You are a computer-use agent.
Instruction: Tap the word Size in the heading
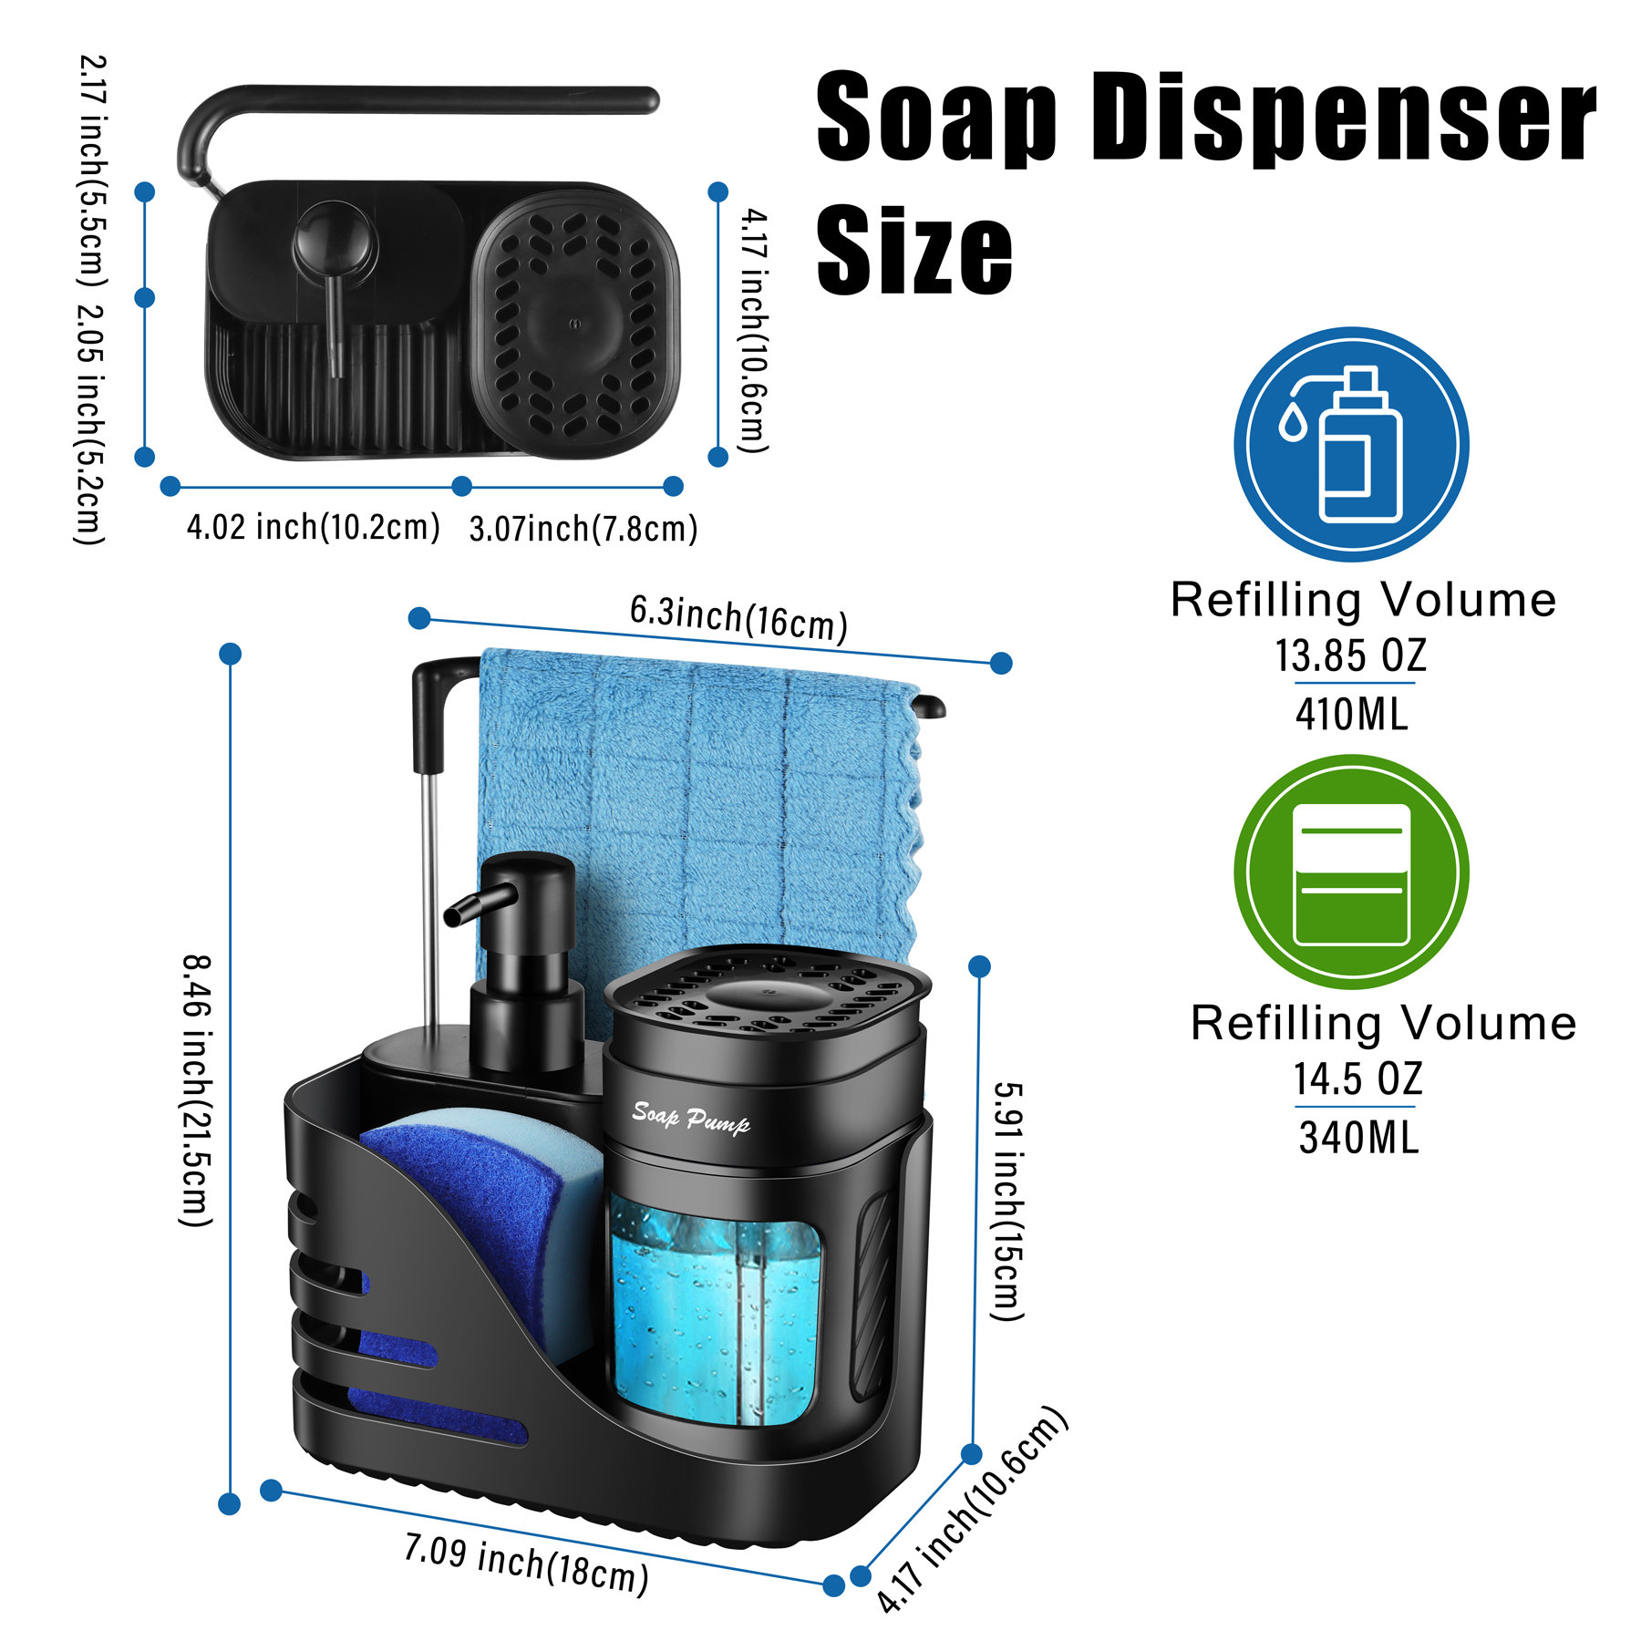point(914,250)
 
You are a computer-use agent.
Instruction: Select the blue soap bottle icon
point(1351,444)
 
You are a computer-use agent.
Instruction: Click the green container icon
point(1351,872)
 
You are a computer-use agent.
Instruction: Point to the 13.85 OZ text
point(1350,655)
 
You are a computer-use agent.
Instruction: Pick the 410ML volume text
point(1352,714)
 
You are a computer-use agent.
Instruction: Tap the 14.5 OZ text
point(1357,1079)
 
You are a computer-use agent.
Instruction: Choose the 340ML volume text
point(1358,1138)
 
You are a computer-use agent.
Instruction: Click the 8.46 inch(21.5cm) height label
point(196,1090)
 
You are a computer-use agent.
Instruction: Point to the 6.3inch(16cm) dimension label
point(738,618)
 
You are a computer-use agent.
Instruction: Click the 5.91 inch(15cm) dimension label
point(1008,1201)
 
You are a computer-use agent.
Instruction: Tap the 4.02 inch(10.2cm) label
point(314,526)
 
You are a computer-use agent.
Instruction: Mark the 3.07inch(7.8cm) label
point(583,528)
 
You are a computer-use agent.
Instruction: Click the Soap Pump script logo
point(691,1118)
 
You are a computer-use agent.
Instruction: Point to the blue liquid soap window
point(715,1313)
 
